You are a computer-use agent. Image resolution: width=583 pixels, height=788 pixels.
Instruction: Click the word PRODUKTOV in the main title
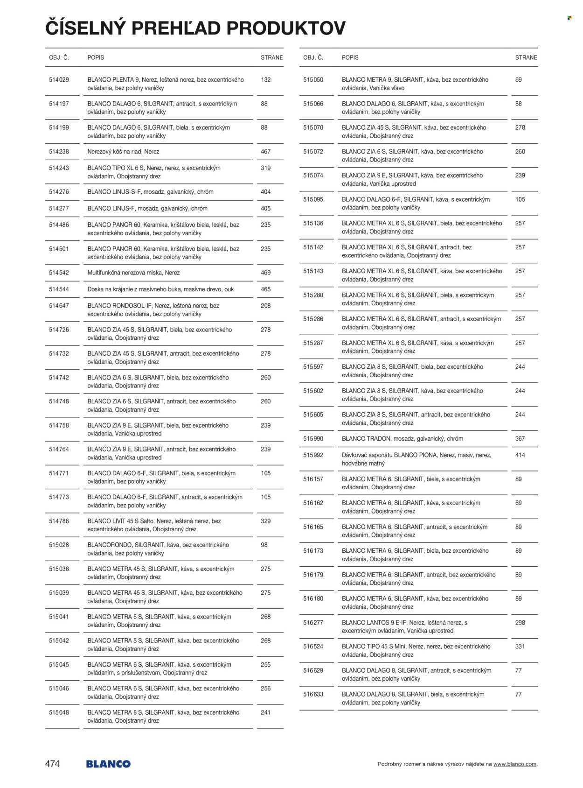point(286,28)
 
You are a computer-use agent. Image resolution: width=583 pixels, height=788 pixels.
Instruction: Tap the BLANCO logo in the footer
point(108,764)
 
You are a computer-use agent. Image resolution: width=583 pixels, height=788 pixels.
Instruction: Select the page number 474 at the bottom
point(52,764)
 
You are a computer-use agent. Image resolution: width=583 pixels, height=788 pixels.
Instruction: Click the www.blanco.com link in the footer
point(514,764)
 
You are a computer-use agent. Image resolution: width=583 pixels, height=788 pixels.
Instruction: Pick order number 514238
point(59,152)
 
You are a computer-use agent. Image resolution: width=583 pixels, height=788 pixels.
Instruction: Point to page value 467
point(266,152)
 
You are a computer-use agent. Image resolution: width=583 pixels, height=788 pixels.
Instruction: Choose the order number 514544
point(59,289)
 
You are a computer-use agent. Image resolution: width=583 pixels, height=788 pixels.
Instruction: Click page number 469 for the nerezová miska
point(266,273)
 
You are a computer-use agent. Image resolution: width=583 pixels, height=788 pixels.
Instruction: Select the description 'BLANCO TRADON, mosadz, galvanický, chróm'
point(403,439)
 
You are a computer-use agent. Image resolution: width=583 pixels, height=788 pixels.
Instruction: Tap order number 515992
point(313,455)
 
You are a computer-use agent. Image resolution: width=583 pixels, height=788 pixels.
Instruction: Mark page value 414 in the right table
point(520,455)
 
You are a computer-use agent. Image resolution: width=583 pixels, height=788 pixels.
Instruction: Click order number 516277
point(313,623)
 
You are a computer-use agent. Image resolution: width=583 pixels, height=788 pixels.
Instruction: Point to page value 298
point(520,623)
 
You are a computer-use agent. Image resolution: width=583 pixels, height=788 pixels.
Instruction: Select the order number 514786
point(59,521)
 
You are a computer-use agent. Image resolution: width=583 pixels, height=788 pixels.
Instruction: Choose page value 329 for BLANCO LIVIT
point(266,521)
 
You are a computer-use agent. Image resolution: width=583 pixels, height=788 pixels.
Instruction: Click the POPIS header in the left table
point(96,57)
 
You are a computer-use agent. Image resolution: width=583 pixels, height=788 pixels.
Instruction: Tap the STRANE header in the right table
point(526,57)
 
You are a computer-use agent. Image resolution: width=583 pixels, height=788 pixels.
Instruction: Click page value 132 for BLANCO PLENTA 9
point(266,80)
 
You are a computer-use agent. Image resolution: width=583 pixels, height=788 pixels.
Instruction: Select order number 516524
point(313,647)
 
